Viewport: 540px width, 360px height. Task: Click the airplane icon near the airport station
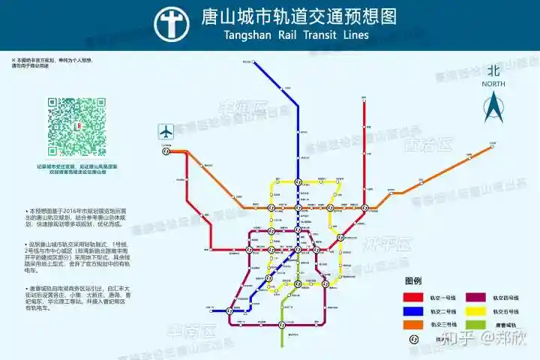click(166, 131)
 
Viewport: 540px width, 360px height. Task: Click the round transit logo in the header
click(172, 23)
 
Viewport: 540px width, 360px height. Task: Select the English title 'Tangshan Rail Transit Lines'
click(296, 35)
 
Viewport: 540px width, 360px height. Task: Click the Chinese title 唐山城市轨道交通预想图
click(299, 16)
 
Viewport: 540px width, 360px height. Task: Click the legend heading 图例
click(413, 281)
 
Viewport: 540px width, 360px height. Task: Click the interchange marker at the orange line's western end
click(166, 150)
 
